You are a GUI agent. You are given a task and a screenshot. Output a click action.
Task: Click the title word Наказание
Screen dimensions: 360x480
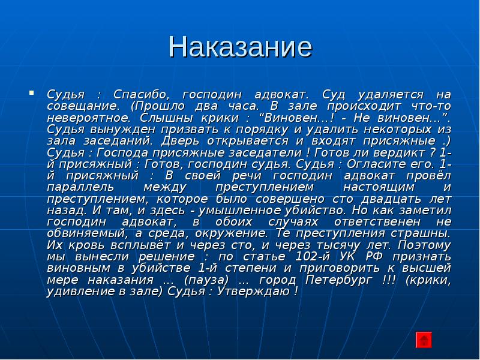pos(240,47)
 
